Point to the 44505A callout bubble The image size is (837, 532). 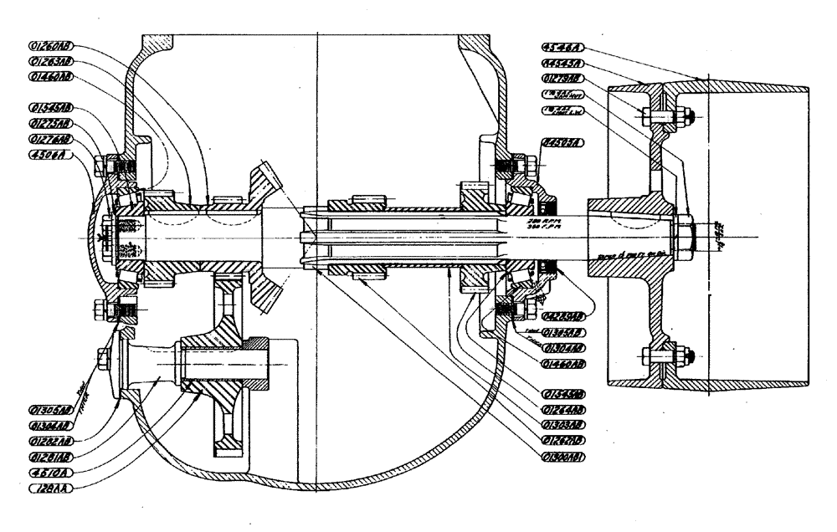pyautogui.click(x=562, y=142)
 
